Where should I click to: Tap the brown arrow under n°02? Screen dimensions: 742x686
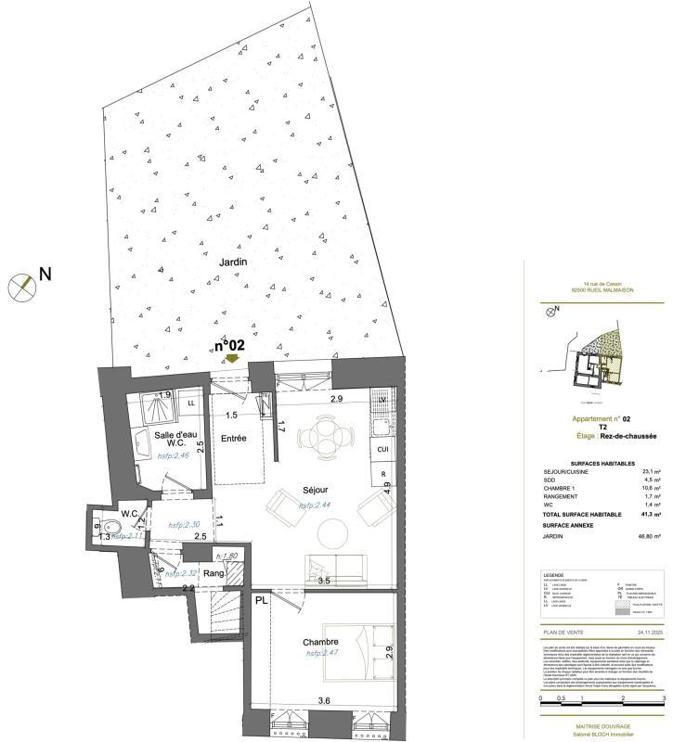pyautogui.click(x=231, y=358)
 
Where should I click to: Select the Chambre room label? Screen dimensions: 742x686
pyautogui.click(x=319, y=642)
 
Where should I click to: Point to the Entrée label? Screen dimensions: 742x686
pyautogui.click(x=232, y=438)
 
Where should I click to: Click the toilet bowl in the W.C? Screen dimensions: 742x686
pyautogui.click(x=99, y=531)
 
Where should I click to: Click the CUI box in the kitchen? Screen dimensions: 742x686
pyautogui.click(x=381, y=450)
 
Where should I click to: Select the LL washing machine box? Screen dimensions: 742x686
pyautogui.click(x=191, y=403)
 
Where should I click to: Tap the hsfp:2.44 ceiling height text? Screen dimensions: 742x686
pyautogui.click(x=316, y=505)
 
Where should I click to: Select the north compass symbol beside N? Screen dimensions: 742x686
pyautogui.click(x=20, y=287)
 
